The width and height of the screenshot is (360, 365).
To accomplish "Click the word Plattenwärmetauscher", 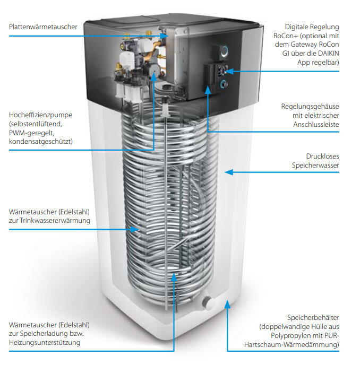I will click(43, 27).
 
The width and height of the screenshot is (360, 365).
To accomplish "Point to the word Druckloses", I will click(322, 157).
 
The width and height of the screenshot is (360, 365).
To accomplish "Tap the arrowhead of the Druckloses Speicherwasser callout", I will click(227, 171).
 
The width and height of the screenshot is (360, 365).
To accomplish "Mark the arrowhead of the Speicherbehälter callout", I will click(227, 304).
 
